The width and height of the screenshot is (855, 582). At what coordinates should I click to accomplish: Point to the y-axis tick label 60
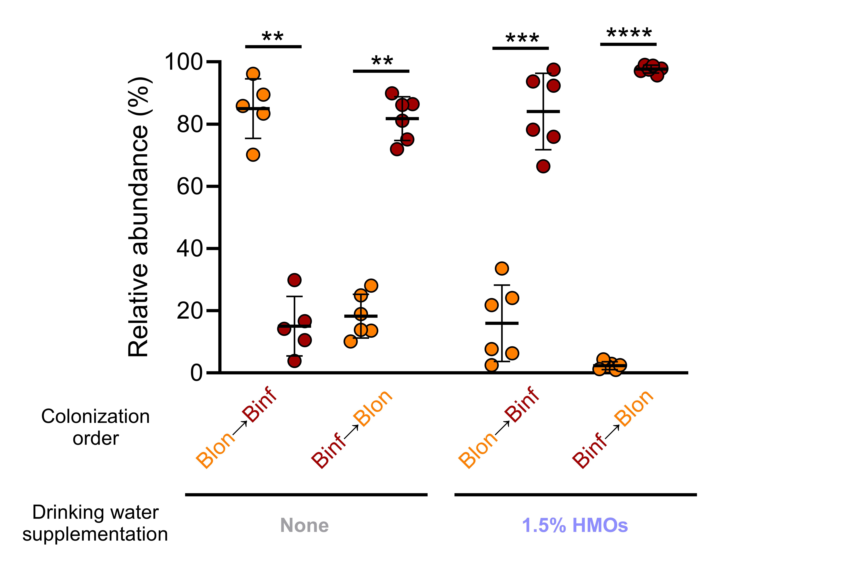189,186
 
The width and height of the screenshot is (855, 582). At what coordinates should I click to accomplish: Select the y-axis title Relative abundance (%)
138,217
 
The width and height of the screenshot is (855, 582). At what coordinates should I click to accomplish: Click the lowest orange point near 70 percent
253,155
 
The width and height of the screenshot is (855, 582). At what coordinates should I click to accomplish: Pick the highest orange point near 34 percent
502,268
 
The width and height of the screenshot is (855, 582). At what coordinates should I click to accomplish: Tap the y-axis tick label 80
189,125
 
